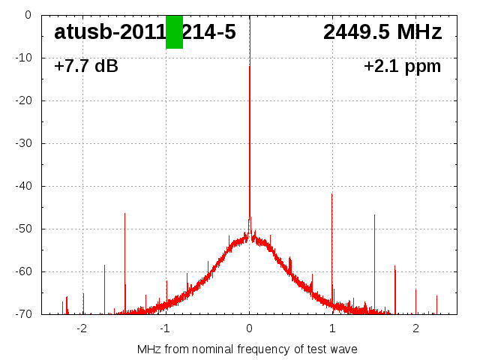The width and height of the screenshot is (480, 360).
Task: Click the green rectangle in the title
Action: [174, 32]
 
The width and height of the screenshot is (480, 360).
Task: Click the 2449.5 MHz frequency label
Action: [382, 32]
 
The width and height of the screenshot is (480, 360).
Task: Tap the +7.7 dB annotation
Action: [86, 67]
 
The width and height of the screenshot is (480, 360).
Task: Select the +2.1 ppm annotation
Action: [402, 67]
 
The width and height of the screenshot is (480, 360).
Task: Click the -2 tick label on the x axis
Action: [82, 328]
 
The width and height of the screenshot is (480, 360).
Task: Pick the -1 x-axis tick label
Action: [165, 328]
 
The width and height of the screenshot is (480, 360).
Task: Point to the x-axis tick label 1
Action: [332, 328]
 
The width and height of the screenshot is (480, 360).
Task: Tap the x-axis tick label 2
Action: [415, 328]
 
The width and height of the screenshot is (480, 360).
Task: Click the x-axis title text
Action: [247, 349]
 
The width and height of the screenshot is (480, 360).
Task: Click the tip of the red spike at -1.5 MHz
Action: [125, 214]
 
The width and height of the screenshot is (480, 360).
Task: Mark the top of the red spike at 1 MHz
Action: [332, 193]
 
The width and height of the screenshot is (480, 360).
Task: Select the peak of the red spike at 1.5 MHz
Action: [374, 215]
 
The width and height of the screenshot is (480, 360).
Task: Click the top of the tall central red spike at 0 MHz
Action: [250, 66]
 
